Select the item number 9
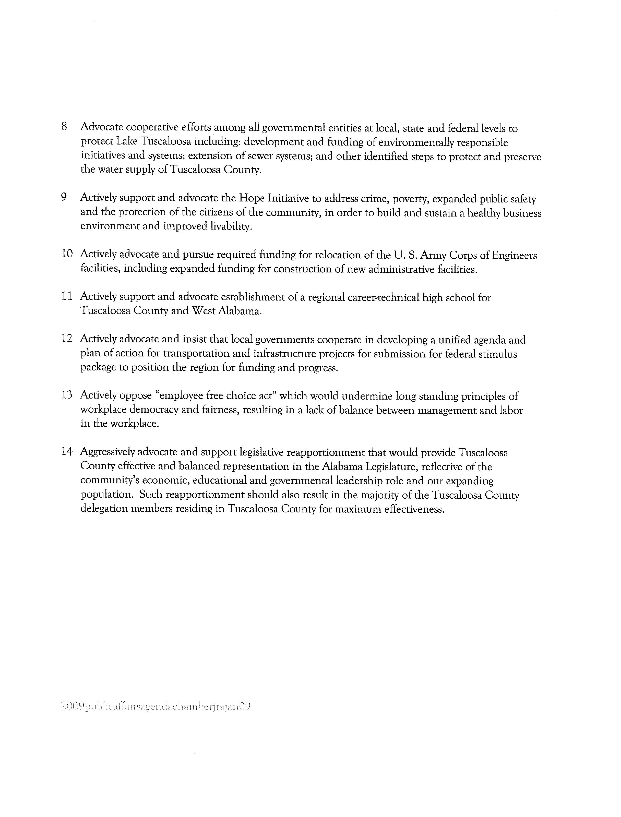point(64,197)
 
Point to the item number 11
point(67,296)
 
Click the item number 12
point(67,339)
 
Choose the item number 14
point(67,452)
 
